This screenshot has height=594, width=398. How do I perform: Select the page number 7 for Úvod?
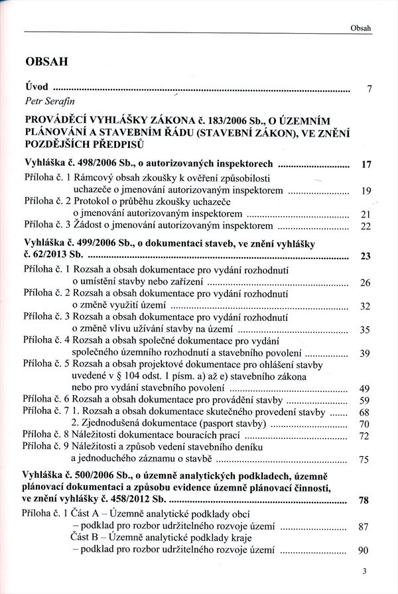[369, 89]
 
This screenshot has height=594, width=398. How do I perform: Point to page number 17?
[364, 164]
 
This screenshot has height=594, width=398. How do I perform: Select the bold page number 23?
[364, 257]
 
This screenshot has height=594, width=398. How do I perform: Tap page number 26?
[364, 282]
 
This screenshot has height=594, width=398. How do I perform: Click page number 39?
[364, 353]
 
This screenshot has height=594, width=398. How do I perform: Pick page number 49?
[364, 388]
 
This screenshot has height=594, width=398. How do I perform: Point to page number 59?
[364, 400]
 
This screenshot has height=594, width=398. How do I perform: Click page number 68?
[364, 412]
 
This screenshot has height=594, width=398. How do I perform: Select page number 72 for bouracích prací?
[364, 436]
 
